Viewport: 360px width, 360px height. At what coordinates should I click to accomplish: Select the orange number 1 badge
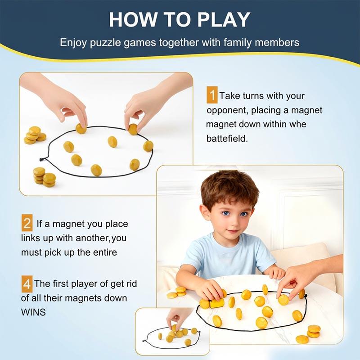click(212, 96)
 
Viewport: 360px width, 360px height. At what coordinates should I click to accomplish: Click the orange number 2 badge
click(27, 223)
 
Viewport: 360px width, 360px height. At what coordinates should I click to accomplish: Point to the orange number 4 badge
click(27, 284)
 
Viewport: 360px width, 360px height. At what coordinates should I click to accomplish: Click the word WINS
click(33, 312)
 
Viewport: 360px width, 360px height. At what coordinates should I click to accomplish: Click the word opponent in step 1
click(227, 110)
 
